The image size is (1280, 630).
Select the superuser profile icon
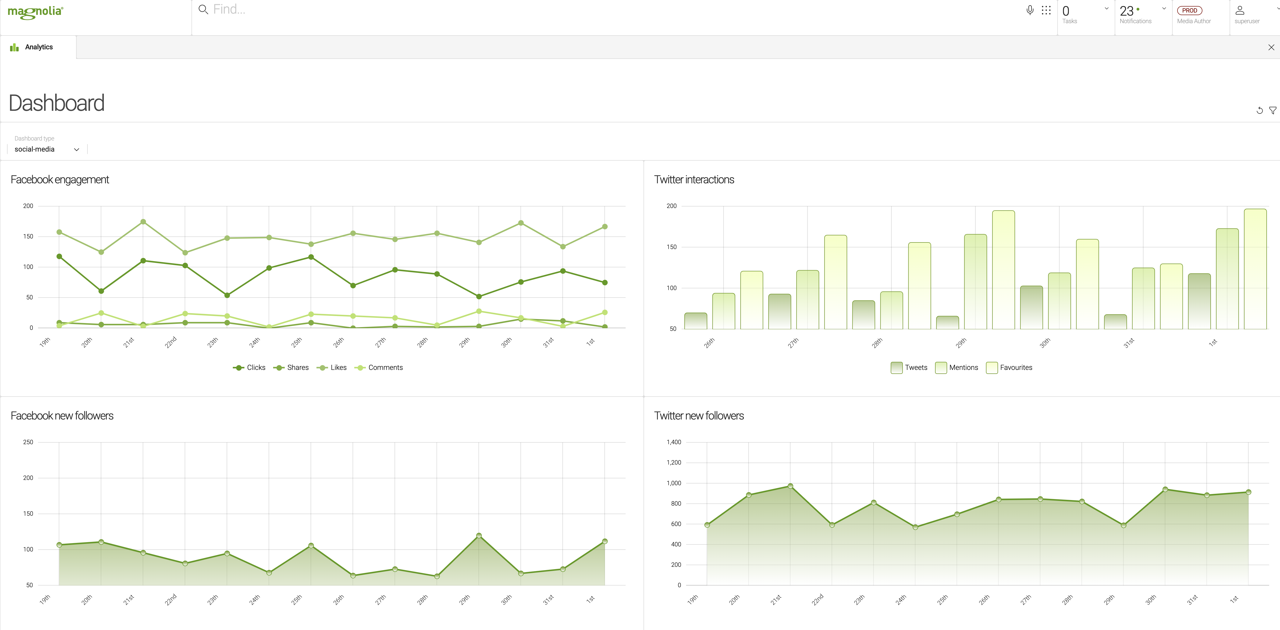[x=1240, y=10]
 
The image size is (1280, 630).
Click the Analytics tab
[x=38, y=47]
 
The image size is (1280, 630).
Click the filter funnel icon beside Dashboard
[x=1272, y=110]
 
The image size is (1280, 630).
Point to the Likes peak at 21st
[x=143, y=222]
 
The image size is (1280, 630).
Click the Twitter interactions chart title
[x=694, y=180]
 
